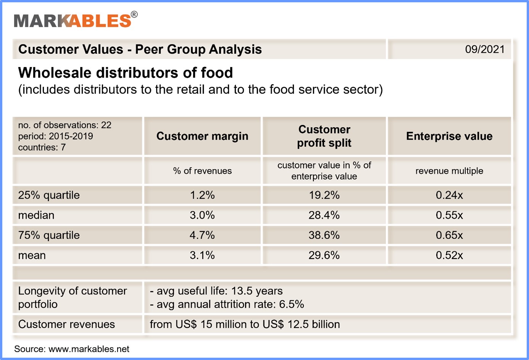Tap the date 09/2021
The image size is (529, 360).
pos(484,49)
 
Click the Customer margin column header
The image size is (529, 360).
pos(202,136)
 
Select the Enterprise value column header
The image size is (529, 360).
pos(449,136)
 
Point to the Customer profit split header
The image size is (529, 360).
pos(324,136)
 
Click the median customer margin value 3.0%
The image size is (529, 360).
pos(202,215)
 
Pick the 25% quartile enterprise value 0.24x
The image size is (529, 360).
pos(449,195)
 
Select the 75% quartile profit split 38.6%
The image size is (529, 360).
pos(324,235)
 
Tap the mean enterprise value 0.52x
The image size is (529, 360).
pos(449,255)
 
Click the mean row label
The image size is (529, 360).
pos(32,255)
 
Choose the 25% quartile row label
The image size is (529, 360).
pos(49,195)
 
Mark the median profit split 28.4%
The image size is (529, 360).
pos(324,215)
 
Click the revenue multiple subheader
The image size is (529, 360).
pos(449,171)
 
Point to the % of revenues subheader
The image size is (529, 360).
pos(202,171)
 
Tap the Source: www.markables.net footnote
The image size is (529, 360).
pos(72,349)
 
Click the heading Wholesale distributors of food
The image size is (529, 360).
pos(126,73)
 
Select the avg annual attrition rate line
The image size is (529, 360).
pos(227,304)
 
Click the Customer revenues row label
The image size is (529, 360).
pos(66,324)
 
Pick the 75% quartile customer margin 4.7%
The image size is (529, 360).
pos(202,235)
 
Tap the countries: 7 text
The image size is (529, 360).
pos(42,148)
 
